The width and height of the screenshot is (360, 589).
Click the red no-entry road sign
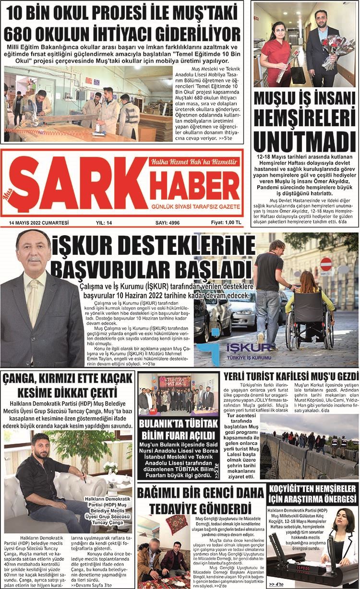(x=326, y=264)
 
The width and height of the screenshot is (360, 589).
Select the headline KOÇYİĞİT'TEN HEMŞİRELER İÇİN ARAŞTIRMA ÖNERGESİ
(x=313, y=494)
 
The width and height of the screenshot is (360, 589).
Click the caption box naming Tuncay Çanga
(x=103, y=511)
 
